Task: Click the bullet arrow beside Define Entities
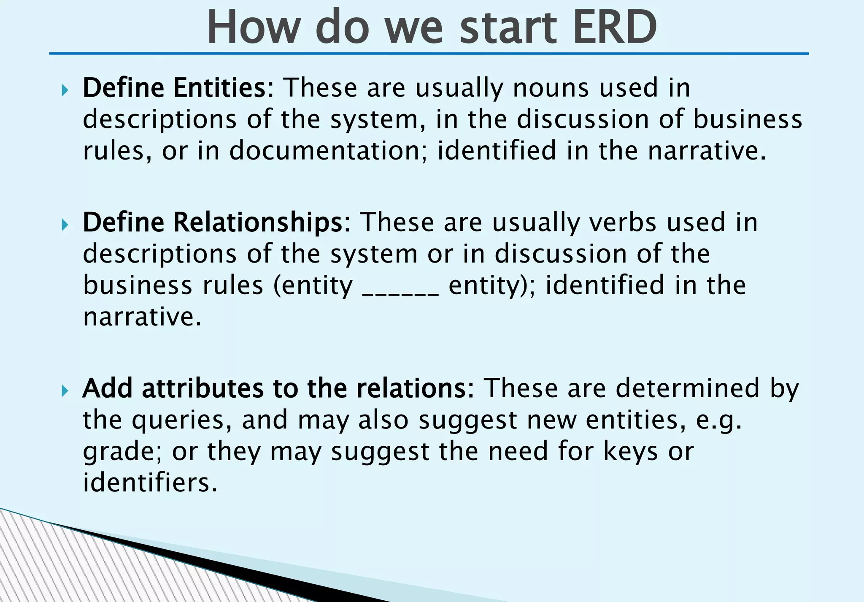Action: (65, 90)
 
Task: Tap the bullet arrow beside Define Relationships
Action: (65, 225)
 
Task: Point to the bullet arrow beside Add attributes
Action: (65, 391)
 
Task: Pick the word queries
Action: (181, 420)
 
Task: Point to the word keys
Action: (630, 451)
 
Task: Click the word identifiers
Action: (150, 482)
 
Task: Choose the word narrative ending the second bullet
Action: (142, 317)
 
